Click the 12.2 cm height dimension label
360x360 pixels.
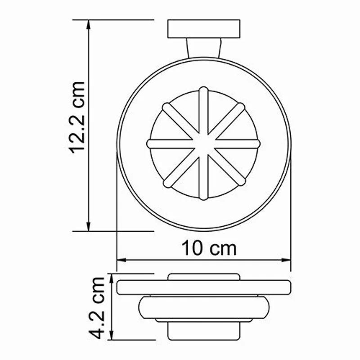[x=77, y=118]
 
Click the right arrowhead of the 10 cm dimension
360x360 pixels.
[x=287, y=260]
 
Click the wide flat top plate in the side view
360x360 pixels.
[x=204, y=287]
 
